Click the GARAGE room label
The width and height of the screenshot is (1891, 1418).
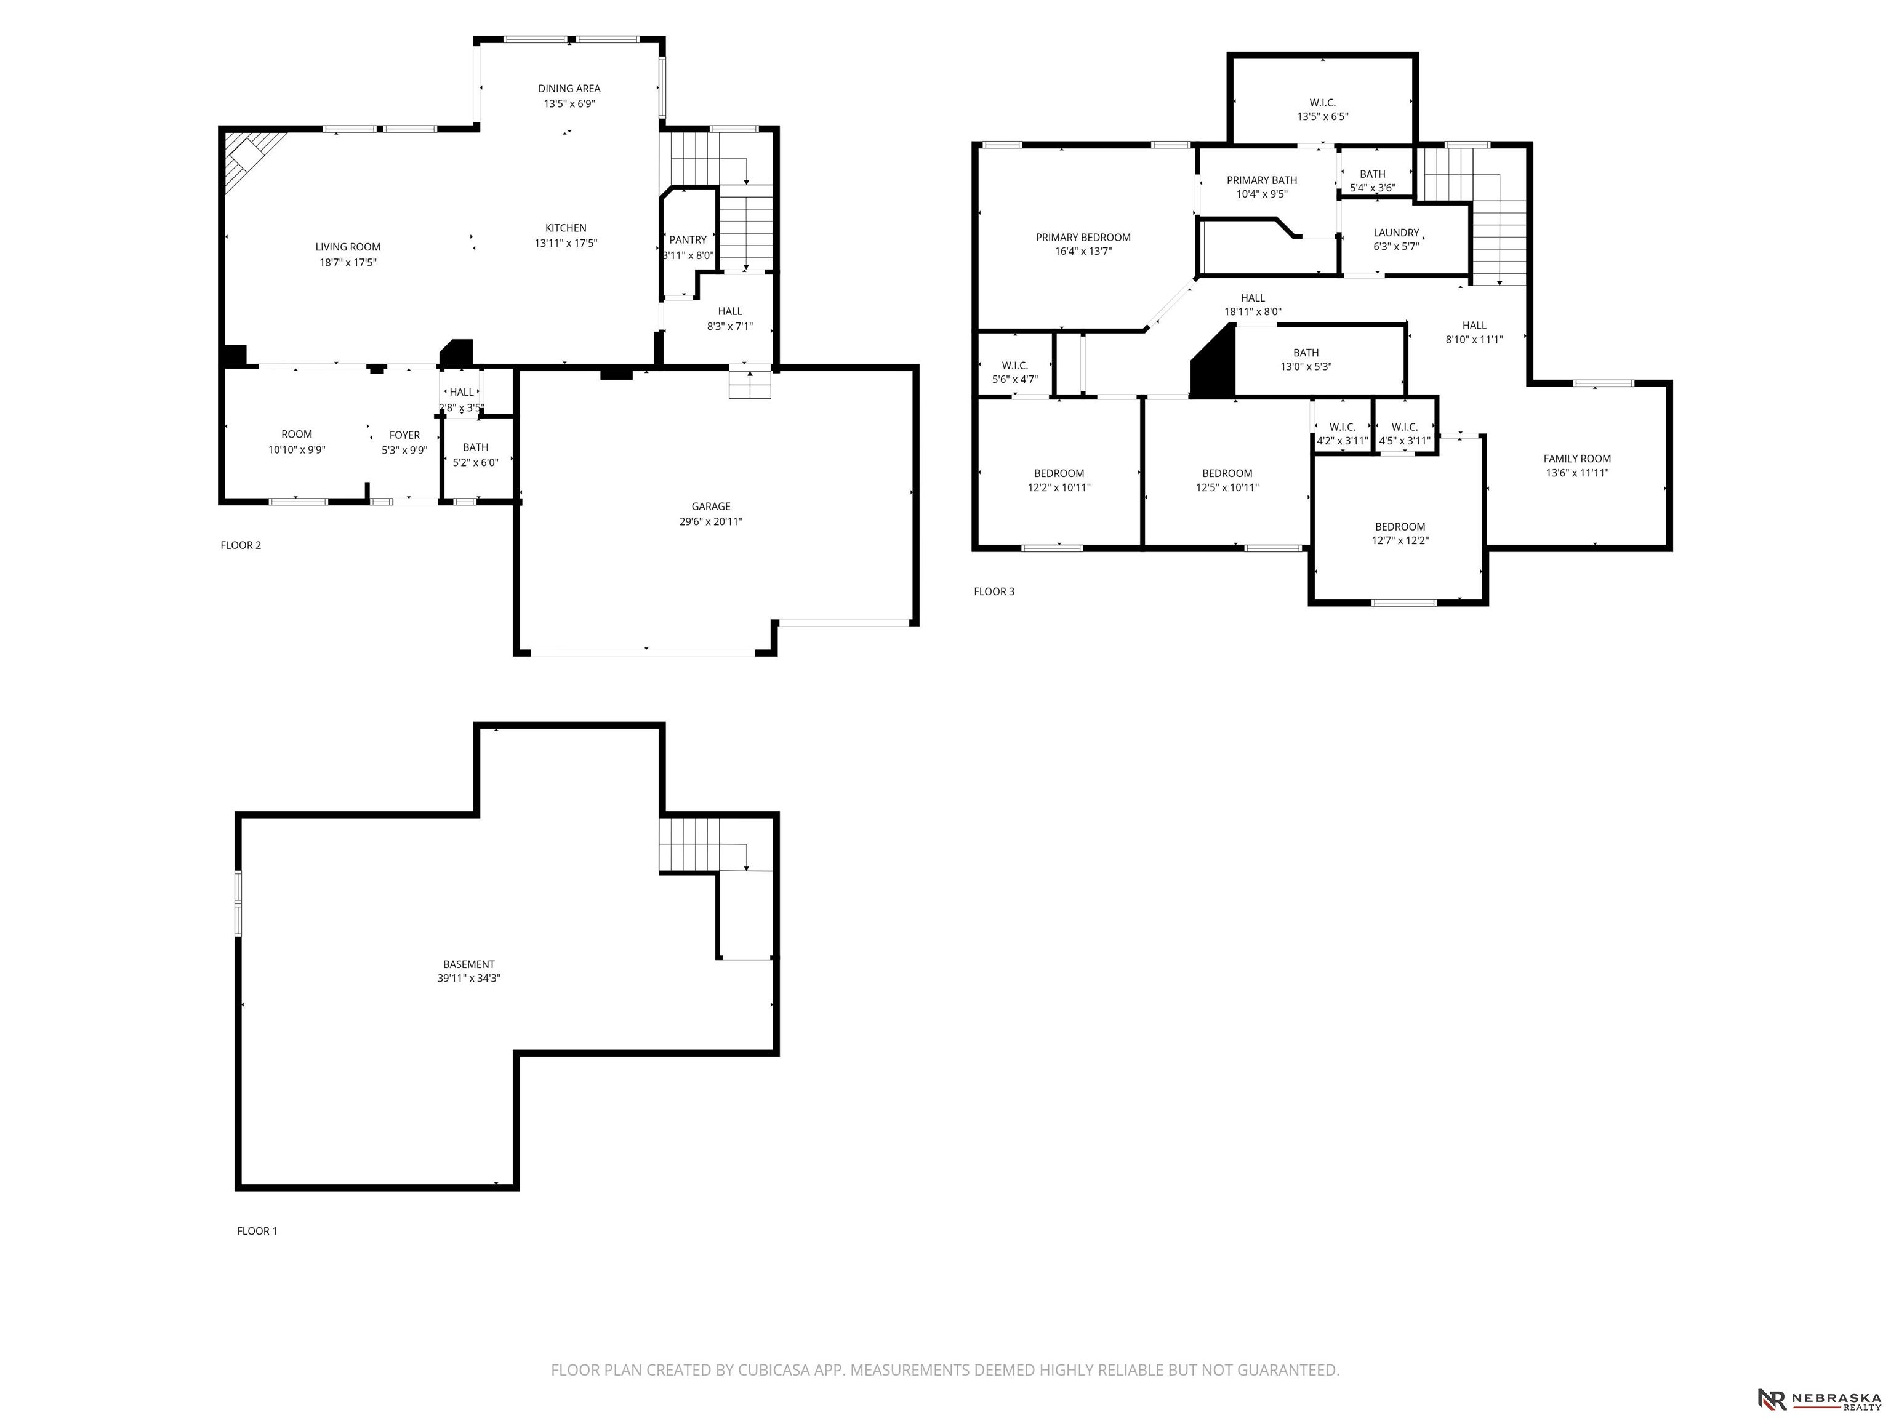point(710,506)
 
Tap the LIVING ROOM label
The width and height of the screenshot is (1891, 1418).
point(348,247)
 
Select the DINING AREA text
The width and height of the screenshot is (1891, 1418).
point(569,88)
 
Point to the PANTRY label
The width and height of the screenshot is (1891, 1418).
point(688,240)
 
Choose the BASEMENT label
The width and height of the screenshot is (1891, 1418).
point(468,964)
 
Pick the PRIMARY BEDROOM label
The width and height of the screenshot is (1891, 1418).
point(1083,238)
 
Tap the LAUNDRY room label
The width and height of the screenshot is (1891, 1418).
point(1396,233)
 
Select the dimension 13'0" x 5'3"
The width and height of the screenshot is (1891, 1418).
point(1306,367)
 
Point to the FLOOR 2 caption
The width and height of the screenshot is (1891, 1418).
point(241,545)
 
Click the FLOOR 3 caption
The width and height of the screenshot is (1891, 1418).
point(994,591)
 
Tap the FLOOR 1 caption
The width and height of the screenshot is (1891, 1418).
point(257,1231)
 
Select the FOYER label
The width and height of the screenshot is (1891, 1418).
point(404,435)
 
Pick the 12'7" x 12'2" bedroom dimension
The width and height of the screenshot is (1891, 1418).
point(1400,540)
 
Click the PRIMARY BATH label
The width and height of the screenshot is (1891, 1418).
point(1262,180)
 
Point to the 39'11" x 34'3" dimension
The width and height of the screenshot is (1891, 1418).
point(468,979)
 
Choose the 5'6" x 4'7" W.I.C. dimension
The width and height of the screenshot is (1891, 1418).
point(1014,380)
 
